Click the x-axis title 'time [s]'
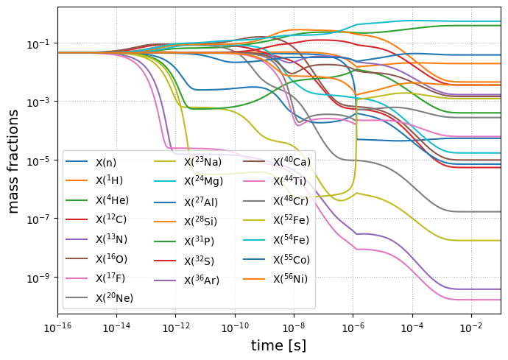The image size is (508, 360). point(278,345)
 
